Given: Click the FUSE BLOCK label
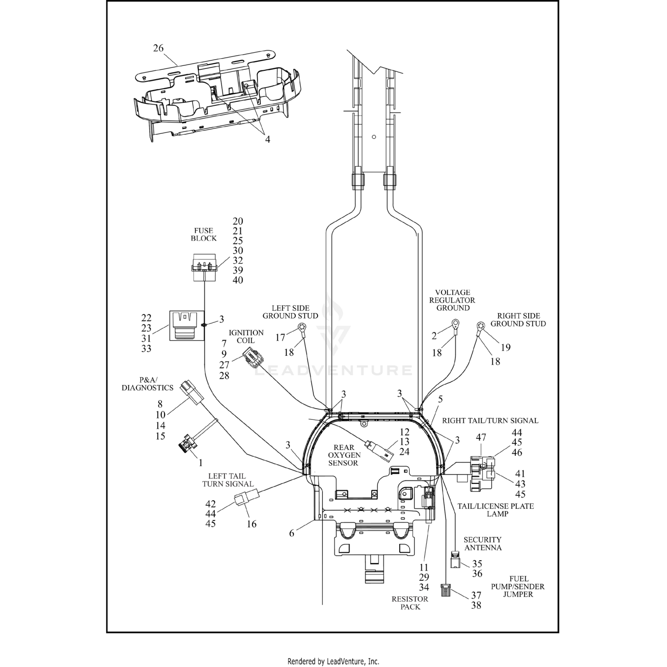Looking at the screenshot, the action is pyautogui.click(x=204, y=234).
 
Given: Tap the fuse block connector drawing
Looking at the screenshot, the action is pyautogui.click(x=204, y=268).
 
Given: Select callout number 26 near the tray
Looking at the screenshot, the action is pyautogui.click(x=158, y=48).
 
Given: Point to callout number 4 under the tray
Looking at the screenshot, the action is pyautogui.click(x=268, y=139).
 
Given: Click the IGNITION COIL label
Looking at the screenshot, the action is pyautogui.click(x=246, y=337).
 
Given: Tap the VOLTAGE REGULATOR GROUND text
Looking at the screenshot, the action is pyautogui.click(x=452, y=300).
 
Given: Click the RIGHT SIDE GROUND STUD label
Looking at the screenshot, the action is pyautogui.click(x=518, y=320).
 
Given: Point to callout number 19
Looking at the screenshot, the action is pyautogui.click(x=505, y=347).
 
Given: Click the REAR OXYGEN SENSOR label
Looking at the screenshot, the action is pyautogui.click(x=344, y=455).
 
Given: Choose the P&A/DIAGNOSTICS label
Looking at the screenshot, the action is pyautogui.click(x=147, y=384).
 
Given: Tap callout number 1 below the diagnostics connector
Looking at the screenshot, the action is pyautogui.click(x=200, y=463).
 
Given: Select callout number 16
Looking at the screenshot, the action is pyautogui.click(x=252, y=524).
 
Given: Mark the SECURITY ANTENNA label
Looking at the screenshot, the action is pyautogui.click(x=482, y=543).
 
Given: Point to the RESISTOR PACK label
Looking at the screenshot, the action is pyautogui.click(x=410, y=603).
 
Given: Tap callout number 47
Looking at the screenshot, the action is pyautogui.click(x=481, y=437).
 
